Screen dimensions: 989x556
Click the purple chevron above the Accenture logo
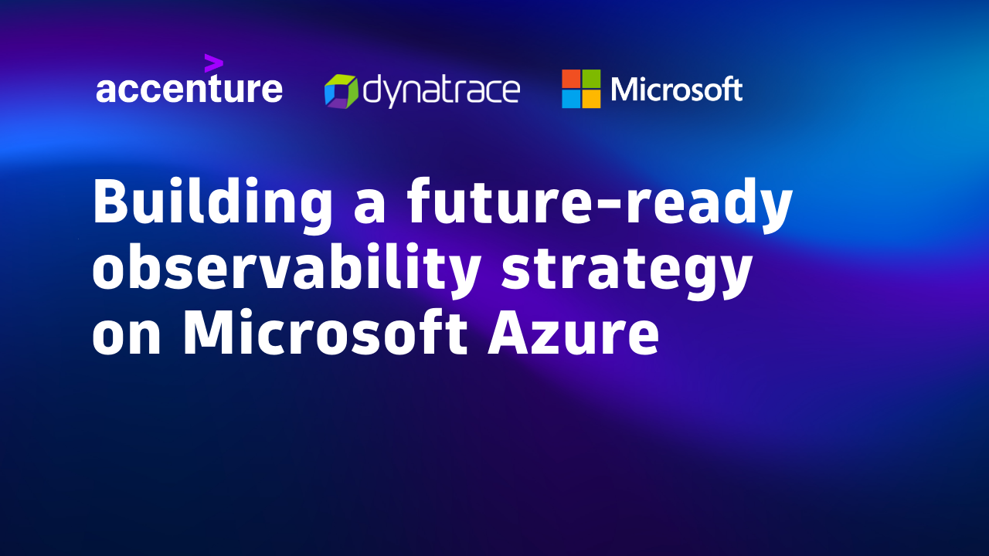(214, 63)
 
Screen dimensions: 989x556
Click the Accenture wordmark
(189, 88)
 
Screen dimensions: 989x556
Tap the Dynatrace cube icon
(341, 91)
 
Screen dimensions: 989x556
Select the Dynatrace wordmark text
(441, 91)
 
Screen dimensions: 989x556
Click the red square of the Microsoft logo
(571, 79)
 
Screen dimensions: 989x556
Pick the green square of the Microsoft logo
(591, 79)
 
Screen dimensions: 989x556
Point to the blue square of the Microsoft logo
(571, 99)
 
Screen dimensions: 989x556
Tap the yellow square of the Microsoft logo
(591, 99)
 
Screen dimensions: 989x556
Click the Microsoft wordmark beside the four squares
(676, 89)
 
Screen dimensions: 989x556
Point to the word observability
(286, 270)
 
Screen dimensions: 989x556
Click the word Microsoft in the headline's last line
(325, 332)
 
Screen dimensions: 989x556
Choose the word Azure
(573, 333)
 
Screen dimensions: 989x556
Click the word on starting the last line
(126, 339)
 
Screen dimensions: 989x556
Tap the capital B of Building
(111, 200)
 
